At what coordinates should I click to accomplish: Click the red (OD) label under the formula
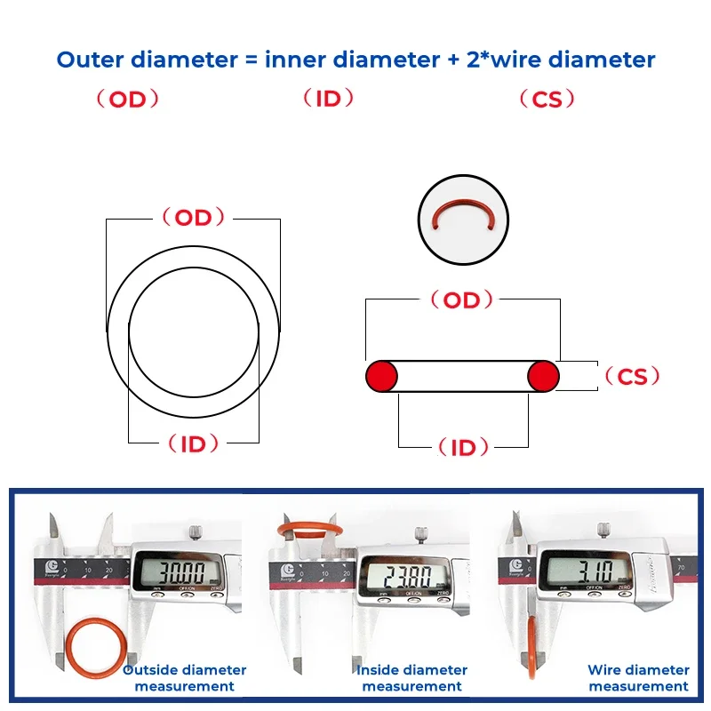click(x=127, y=100)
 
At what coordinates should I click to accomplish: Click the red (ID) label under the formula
click(x=328, y=99)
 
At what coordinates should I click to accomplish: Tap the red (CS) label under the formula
click(x=547, y=100)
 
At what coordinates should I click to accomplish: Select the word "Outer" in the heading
click(x=91, y=60)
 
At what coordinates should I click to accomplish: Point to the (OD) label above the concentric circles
click(x=193, y=218)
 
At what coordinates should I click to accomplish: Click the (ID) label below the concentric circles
click(x=193, y=443)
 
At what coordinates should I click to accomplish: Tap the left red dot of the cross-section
click(x=381, y=376)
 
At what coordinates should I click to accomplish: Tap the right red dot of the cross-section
click(x=543, y=376)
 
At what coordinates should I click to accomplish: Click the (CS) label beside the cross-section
click(x=632, y=377)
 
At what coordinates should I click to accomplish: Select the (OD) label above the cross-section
click(x=461, y=300)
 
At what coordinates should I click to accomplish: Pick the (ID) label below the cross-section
click(x=463, y=448)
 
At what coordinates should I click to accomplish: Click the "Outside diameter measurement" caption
click(x=184, y=677)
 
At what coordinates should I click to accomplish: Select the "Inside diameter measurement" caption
click(x=411, y=677)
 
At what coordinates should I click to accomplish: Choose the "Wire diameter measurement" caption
click(x=638, y=677)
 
